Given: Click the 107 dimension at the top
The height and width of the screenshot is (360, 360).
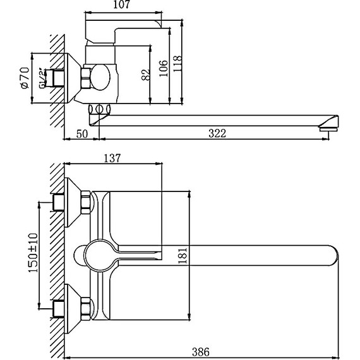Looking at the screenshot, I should pyautogui.click(x=123, y=6).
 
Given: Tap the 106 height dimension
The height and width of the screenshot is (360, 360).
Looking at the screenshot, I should pyautogui.click(x=164, y=66).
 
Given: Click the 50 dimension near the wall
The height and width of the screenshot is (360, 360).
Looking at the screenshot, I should pyautogui.click(x=81, y=133).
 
